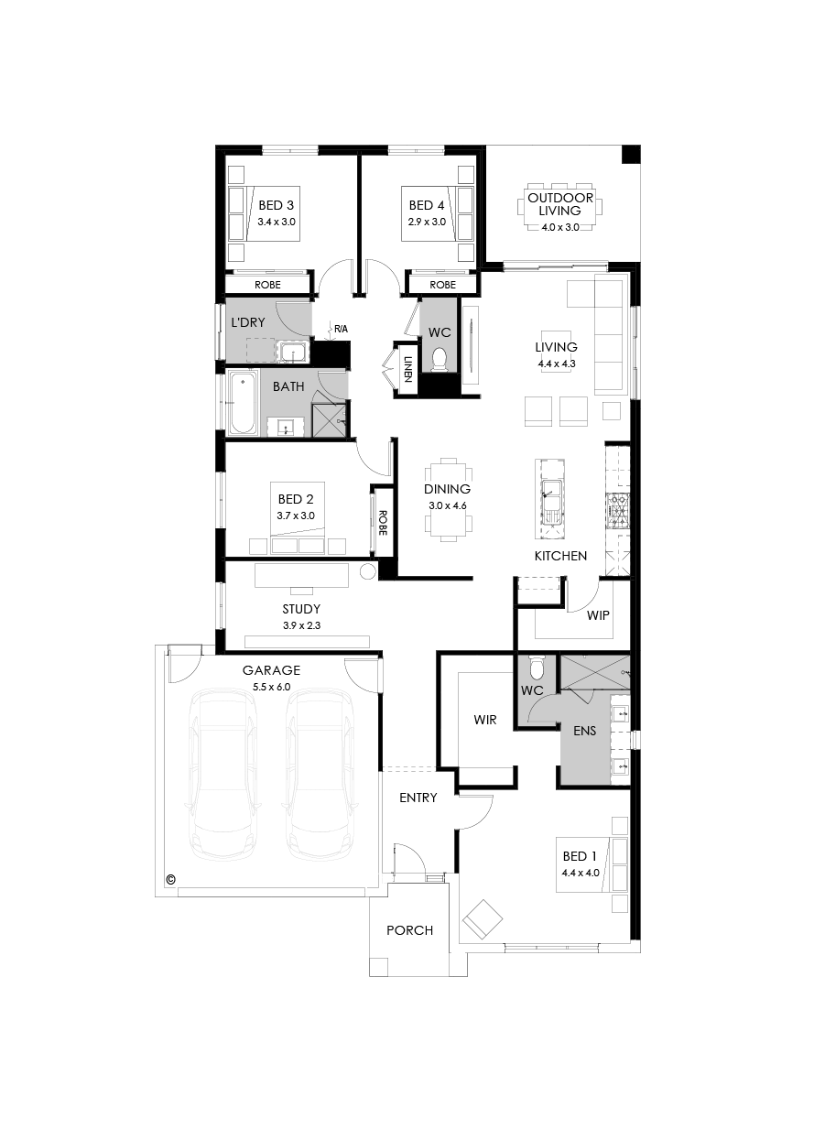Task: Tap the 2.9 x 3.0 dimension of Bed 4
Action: coord(427,222)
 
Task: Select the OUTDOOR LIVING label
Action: coord(559,204)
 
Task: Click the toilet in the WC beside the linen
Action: coord(439,358)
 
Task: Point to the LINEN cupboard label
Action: coord(407,368)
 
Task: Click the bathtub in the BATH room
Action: coord(243,403)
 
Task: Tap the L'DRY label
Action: coord(247,322)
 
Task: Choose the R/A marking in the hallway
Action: coord(340,328)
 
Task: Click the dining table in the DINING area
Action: coord(449,499)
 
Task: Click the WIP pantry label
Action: coord(598,615)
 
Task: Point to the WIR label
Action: coord(485,720)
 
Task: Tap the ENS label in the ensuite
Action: coord(585,733)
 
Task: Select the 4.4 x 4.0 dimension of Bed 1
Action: coord(580,873)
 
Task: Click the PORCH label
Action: coord(409,930)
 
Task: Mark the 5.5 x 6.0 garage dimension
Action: coord(271,686)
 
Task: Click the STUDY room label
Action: coord(301,609)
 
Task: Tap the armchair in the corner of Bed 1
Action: coord(483,919)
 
